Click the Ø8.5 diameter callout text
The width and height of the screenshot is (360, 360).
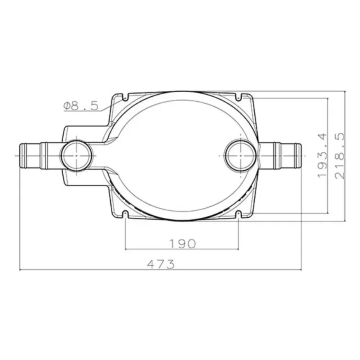81,106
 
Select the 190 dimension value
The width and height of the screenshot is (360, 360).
182,244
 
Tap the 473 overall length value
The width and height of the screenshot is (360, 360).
161,264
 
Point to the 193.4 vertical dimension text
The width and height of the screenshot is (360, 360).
322,155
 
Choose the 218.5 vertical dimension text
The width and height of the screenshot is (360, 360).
340,156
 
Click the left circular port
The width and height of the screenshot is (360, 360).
76,156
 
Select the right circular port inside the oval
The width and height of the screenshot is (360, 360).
240,156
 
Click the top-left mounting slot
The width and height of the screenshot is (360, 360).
125,97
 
